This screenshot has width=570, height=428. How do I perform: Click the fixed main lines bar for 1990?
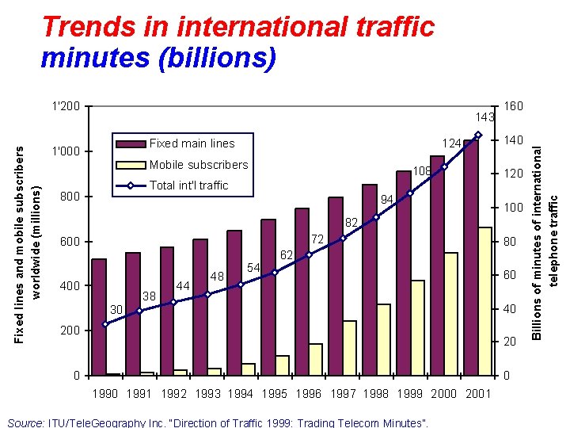(99, 317)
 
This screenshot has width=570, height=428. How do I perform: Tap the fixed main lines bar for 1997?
(336, 285)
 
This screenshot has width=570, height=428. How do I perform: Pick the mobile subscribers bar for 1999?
(418, 327)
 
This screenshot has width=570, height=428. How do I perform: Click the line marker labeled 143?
(478, 135)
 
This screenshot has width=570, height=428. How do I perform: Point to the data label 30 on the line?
(116, 309)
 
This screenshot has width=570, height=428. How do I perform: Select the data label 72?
(317, 239)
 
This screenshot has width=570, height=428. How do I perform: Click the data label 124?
(452, 144)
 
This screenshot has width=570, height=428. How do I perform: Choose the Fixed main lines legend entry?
(192, 143)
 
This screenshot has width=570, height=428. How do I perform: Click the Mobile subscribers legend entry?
(199, 165)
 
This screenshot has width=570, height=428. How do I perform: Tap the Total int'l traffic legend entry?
(188, 185)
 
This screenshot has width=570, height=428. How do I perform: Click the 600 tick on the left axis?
(70, 242)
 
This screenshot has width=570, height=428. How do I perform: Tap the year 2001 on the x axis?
(478, 394)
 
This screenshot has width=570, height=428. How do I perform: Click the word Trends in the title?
(85, 27)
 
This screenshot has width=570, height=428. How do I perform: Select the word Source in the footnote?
(24, 423)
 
